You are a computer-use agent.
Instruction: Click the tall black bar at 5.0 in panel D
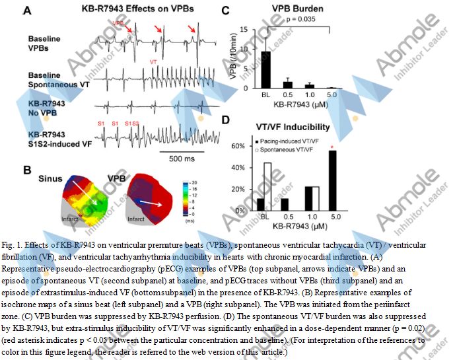332,180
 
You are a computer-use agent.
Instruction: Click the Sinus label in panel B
50,179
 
